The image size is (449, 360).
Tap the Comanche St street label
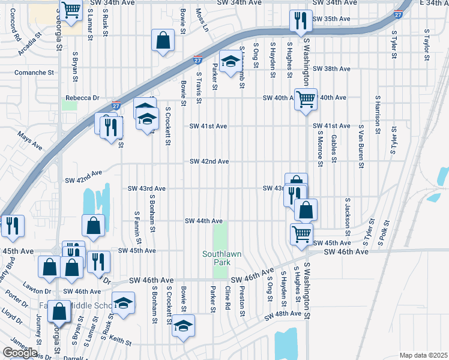pos(34,73)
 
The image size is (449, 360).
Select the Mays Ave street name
pos(29,141)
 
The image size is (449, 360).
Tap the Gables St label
pos(333,148)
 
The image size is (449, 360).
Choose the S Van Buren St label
pos(361,146)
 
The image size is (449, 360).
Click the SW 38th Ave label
pos(331,69)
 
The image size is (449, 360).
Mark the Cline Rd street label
pos(228,298)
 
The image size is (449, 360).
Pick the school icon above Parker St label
pos(229,61)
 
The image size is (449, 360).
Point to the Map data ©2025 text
pos(423,355)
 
